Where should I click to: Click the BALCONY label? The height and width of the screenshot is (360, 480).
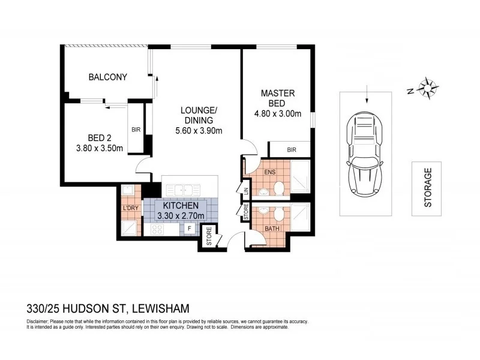click(107, 77)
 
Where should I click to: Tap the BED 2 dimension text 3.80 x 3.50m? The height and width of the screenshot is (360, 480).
click(100, 149)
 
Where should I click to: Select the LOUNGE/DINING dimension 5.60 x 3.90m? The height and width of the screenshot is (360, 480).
click(199, 131)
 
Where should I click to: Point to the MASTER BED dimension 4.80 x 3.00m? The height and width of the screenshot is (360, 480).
click(277, 113)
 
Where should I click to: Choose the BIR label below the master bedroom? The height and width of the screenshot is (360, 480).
click(292, 149)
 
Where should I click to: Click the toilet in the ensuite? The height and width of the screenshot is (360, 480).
click(278, 188)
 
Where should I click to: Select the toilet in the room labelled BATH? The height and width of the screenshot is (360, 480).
click(278, 215)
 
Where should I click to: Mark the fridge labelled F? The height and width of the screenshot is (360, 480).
click(189, 229)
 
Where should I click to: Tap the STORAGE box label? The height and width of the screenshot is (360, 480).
click(428, 188)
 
